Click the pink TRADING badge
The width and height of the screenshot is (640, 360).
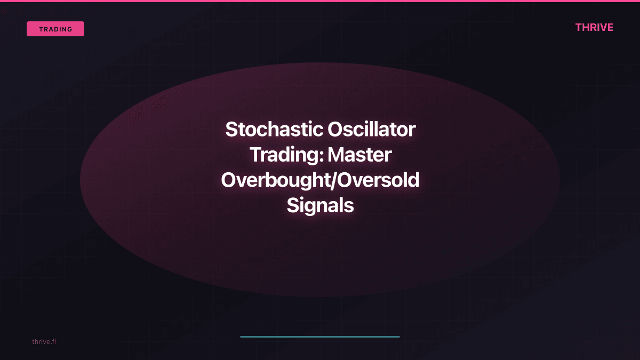55,29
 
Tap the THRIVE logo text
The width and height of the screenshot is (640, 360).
594,28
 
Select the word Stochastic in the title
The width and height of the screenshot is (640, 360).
271,130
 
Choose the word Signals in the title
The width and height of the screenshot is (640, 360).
320,205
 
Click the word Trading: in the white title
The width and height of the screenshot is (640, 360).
286,155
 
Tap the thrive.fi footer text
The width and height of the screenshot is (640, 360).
44,341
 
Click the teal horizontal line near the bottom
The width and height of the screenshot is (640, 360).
320,337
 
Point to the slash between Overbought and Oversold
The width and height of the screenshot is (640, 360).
334,180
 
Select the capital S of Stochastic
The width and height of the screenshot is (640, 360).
231,130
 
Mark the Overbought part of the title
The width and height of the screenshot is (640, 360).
276,180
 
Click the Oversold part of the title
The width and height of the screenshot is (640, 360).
379,180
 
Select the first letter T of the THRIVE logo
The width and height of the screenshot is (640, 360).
579,28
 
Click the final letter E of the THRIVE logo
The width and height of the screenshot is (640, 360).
610,28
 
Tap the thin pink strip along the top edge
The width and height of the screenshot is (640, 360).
320,1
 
